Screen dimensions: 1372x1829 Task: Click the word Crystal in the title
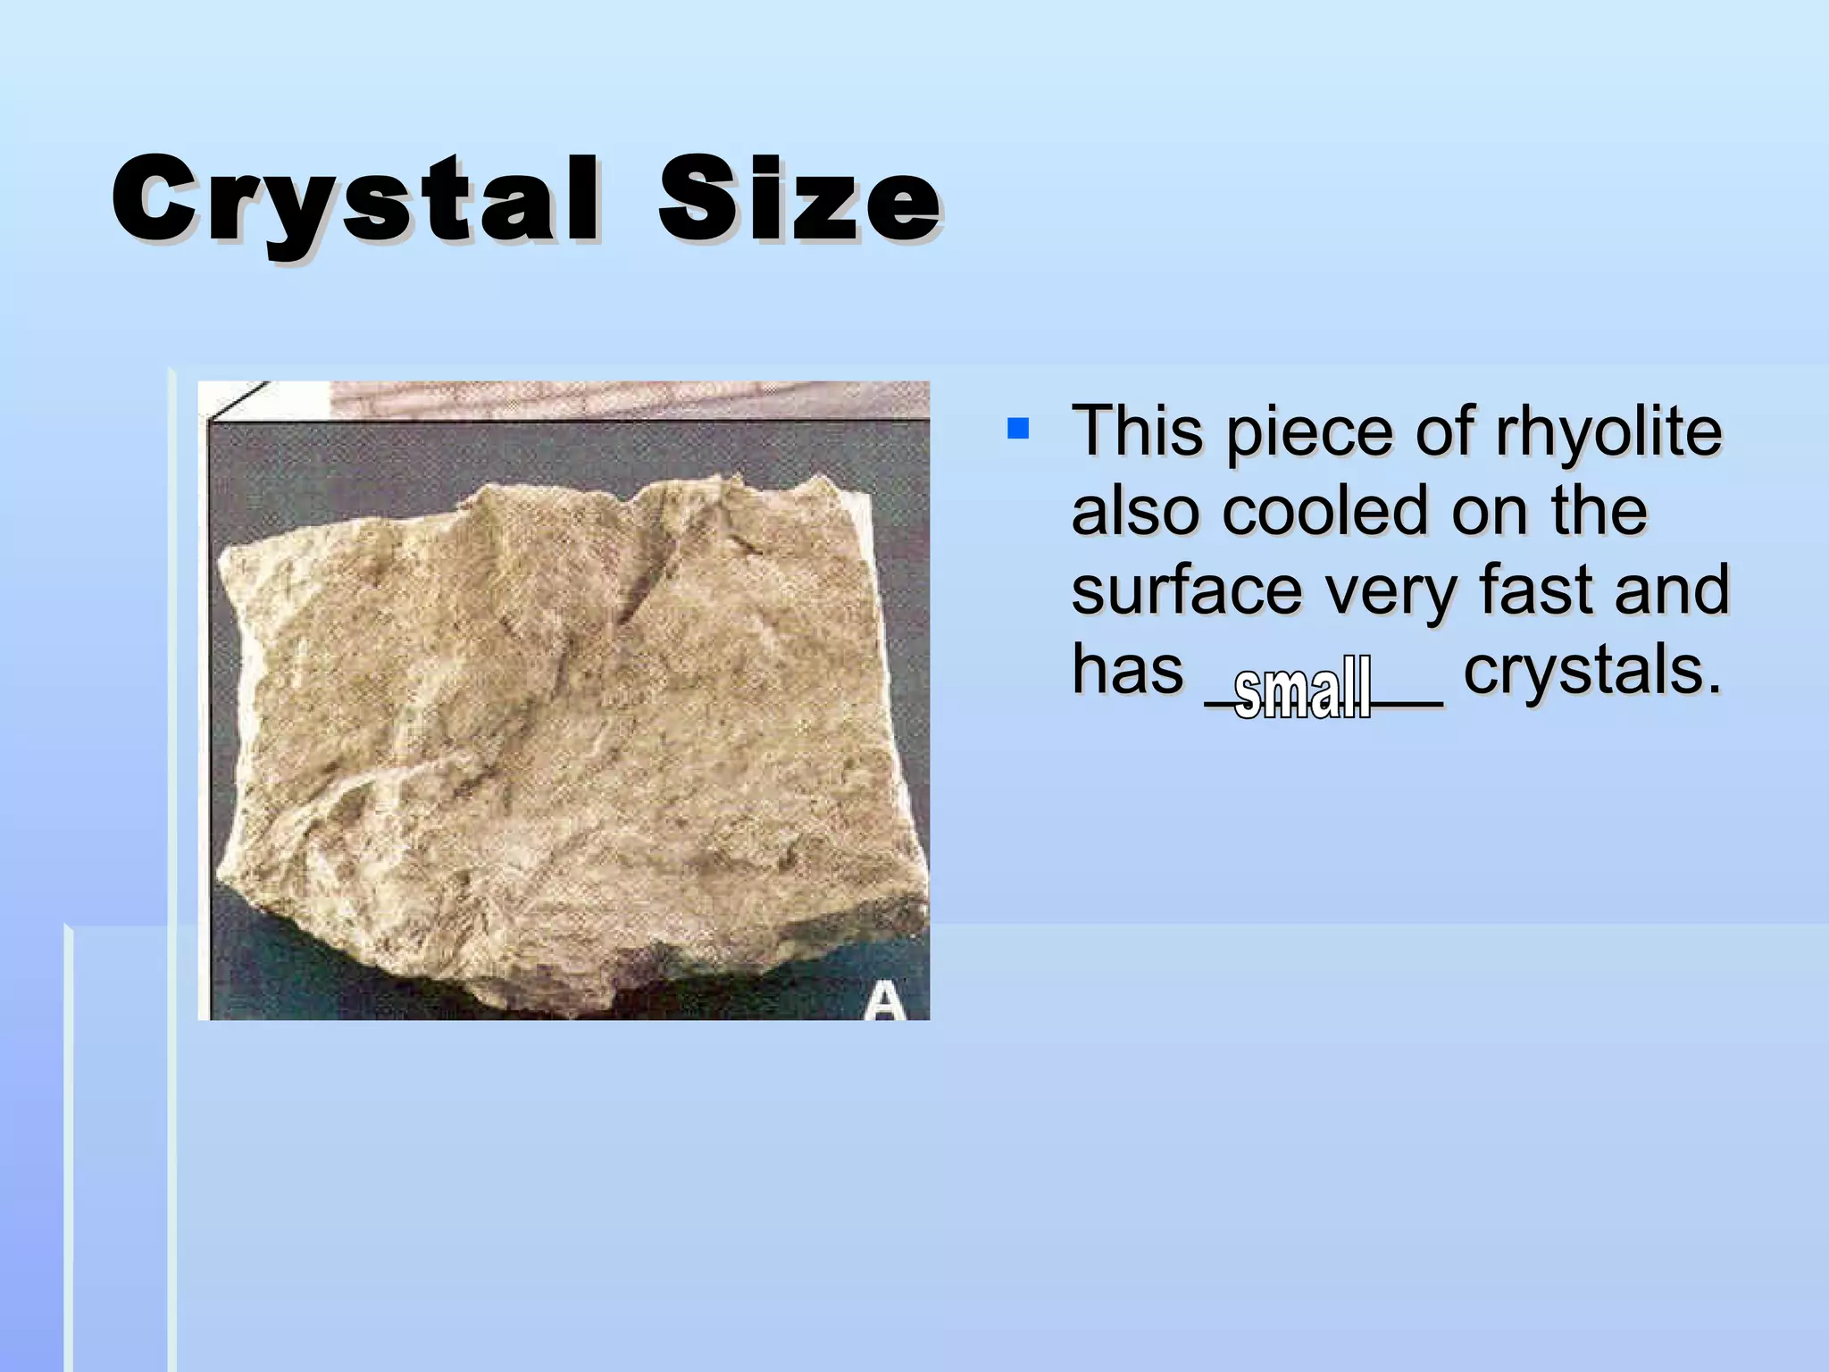(x=355, y=201)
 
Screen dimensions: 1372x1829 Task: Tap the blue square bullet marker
(x=1017, y=429)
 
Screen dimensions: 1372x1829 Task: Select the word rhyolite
(x=1608, y=432)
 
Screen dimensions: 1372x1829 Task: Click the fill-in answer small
(x=1302, y=688)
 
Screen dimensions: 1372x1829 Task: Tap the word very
(x=1391, y=590)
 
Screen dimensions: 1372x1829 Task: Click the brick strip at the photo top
(x=625, y=398)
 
